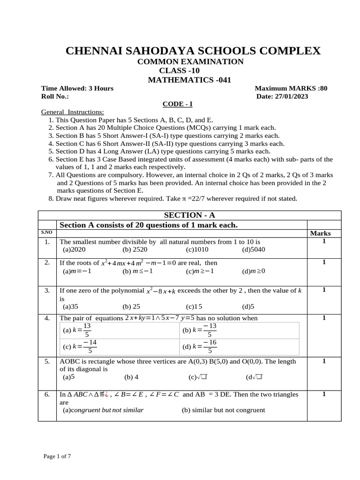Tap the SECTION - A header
tap(189, 215)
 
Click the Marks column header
tap(320, 233)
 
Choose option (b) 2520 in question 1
tap(135, 249)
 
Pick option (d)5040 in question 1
tap(254, 249)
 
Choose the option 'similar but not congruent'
tap(223, 410)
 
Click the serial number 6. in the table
tap(47, 395)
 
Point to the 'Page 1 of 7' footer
tap(57, 456)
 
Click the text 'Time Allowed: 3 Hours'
tap(77, 88)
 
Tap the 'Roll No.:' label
tap(55, 96)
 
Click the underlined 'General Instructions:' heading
tap(73, 112)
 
